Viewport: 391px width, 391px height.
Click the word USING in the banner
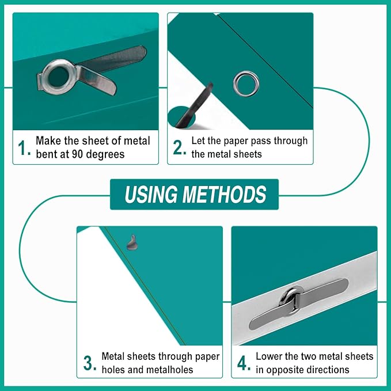(151, 194)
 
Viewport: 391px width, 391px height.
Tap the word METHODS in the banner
(224, 194)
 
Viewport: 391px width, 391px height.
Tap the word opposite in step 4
(283, 370)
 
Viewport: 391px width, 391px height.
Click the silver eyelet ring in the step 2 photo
(246, 83)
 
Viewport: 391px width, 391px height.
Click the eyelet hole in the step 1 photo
(58, 77)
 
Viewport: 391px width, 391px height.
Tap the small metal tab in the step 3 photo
(132, 242)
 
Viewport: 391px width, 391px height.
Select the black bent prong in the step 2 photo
(194, 105)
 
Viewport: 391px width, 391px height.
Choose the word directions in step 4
(326, 370)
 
